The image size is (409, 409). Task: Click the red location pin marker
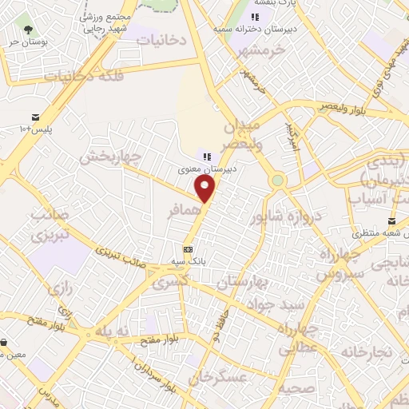206,189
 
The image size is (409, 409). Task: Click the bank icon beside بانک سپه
188,248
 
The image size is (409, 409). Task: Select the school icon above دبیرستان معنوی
207,157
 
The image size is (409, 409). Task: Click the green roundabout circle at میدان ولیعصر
277,181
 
